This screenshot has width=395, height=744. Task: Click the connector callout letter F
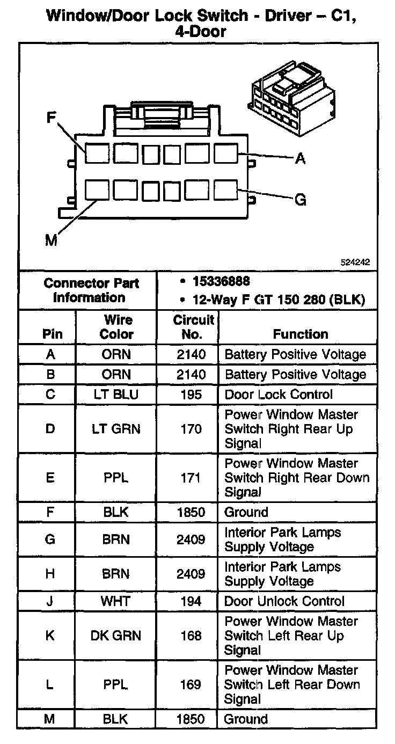tap(52, 118)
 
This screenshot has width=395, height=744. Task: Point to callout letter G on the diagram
tap(301, 200)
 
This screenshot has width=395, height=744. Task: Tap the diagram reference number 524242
tap(355, 263)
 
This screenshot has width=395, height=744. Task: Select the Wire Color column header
tap(117, 327)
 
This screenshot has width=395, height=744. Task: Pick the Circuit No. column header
tap(194, 327)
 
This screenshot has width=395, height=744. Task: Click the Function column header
tap(301, 334)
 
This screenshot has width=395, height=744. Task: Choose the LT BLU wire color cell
tap(116, 395)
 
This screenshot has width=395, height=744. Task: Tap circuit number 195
tap(191, 395)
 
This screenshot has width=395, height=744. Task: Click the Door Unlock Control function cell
tap(284, 601)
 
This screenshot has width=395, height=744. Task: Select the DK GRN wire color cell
tap(116, 636)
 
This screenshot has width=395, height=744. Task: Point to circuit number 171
tap(191, 477)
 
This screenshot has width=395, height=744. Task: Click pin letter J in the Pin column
tap(49, 601)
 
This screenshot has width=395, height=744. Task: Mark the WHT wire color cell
tap(116, 601)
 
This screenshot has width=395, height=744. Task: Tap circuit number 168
tap(191, 636)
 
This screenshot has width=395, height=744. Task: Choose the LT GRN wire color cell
tap(116, 429)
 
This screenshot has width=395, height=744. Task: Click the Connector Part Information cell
tap(91, 290)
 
